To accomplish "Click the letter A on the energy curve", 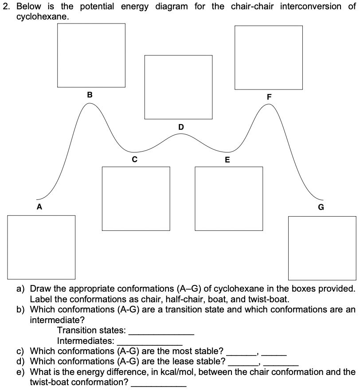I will point(39,207).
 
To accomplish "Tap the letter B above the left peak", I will point(90,94).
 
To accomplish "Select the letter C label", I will point(134,158).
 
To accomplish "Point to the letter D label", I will point(180,127).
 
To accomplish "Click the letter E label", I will point(227,160).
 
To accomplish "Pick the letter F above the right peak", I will point(269,97).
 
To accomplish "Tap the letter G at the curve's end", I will point(321,207).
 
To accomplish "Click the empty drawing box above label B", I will point(91,55).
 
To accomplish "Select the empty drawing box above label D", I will point(178,87).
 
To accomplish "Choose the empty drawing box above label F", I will point(269,57).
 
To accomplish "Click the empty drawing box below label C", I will point(136,198).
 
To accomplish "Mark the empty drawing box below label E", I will point(229,198).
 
